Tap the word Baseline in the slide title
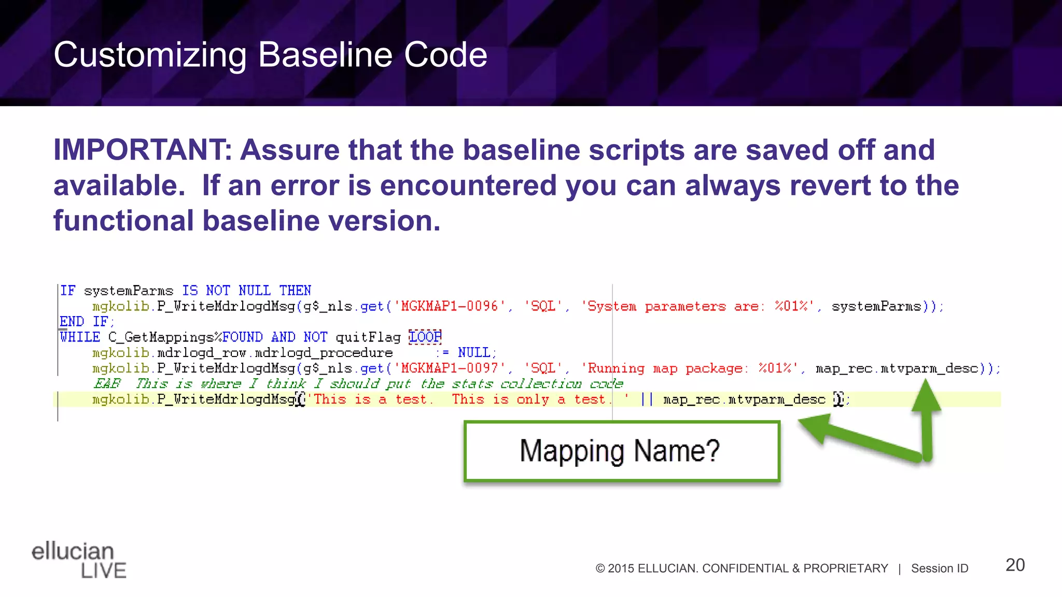pyautogui.click(x=326, y=55)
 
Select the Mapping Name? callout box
pyautogui.click(x=622, y=451)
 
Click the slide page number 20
pyautogui.click(x=1015, y=565)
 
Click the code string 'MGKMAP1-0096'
pyautogui.click(x=450, y=306)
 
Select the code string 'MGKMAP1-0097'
pyautogui.click(x=450, y=368)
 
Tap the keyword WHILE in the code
pyautogui.click(x=80, y=337)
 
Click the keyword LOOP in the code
pyautogui.click(x=425, y=337)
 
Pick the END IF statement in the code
pyautogui.click(x=86, y=322)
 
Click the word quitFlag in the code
pyautogui.click(x=368, y=337)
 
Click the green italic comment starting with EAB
pyautogui.click(x=358, y=384)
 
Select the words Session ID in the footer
pyautogui.click(x=940, y=568)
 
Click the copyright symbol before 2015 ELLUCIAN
pyautogui.click(x=600, y=568)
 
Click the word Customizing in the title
pyautogui.click(x=150, y=55)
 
